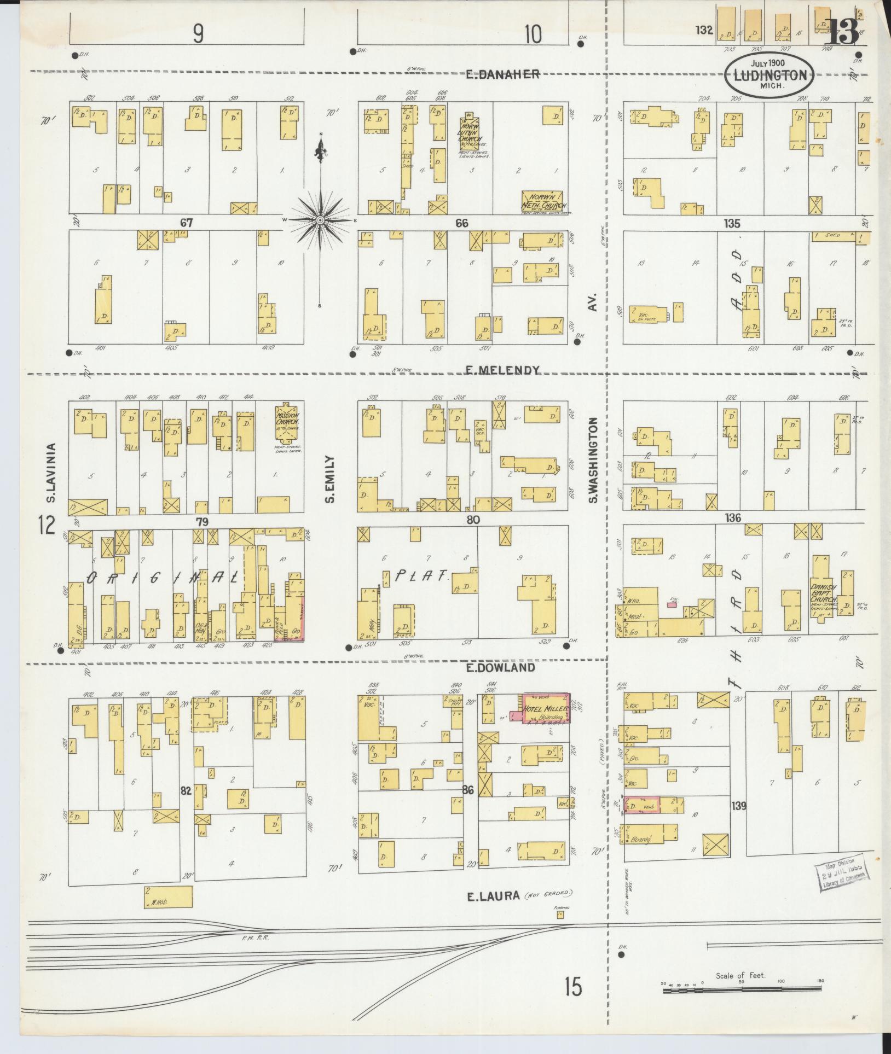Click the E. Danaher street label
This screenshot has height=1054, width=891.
(x=502, y=74)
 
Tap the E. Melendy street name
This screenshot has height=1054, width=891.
(x=502, y=370)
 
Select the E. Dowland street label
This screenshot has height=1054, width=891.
(x=500, y=668)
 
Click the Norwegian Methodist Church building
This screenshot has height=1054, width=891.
(x=542, y=201)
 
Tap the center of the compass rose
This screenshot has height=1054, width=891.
(x=319, y=220)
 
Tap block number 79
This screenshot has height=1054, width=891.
(x=202, y=522)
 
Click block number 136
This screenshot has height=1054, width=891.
(x=732, y=517)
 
